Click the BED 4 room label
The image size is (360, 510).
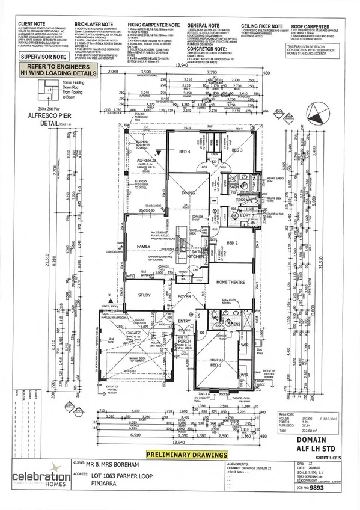(x=177, y=152)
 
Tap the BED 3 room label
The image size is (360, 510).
(x=236, y=149)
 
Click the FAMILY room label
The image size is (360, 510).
(x=144, y=247)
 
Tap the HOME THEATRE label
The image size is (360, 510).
(x=231, y=283)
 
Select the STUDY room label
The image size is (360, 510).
(x=144, y=295)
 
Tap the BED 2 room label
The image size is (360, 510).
(x=233, y=243)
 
